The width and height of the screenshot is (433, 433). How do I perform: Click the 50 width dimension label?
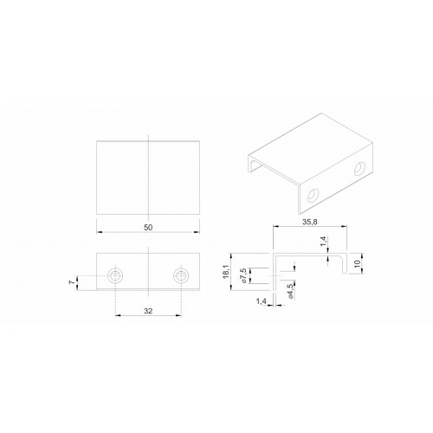tap(148, 228)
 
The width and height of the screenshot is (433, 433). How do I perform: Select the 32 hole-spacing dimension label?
tap(148, 311)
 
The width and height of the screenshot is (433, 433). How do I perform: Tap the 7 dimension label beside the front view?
tap(72, 282)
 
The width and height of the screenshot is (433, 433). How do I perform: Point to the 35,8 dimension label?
tap(310, 222)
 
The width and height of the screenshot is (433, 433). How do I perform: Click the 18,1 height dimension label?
tap(225, 272)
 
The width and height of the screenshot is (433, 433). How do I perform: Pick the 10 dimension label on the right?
tap(358, 263)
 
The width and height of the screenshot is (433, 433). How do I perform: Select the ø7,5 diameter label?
tap(243, 275)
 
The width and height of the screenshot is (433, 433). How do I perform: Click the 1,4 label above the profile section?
tap(323, 241)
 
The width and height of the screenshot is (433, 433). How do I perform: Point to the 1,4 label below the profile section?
tap(261, 301)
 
